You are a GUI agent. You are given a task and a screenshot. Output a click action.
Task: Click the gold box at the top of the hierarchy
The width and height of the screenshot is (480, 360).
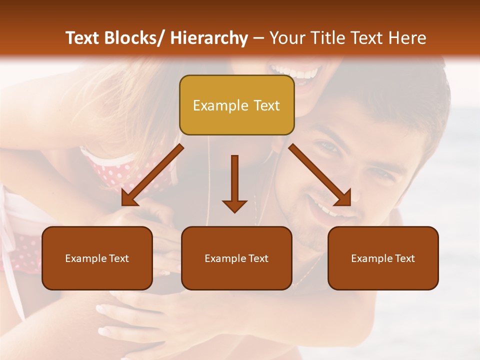(236, 105)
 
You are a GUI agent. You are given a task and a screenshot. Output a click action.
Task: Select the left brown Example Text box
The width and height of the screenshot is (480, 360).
(97, 258)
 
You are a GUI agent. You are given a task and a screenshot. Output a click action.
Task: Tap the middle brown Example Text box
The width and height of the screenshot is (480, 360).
(236, 258)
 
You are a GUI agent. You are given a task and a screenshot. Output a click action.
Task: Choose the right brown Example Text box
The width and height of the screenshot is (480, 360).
(383, 258)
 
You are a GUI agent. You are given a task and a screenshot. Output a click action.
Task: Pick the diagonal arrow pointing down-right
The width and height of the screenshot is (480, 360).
(320, 175)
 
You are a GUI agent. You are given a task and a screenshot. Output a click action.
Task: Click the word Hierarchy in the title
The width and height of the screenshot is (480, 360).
(209, 38)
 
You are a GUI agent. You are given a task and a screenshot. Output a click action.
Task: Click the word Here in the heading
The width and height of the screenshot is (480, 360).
(408, 38)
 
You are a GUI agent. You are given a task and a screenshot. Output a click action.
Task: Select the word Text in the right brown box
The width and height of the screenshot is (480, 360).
(404, 258)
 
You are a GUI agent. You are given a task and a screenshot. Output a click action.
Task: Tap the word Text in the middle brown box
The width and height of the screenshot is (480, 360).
(258, 258)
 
